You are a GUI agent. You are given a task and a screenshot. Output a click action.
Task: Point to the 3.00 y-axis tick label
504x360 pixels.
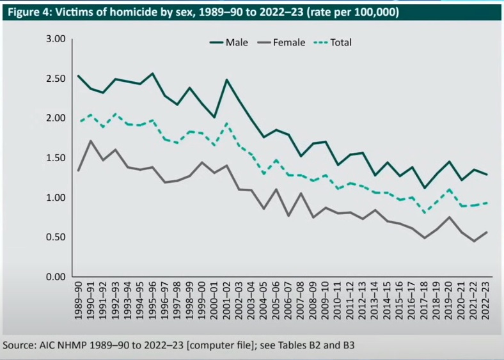click(x=56, y=39)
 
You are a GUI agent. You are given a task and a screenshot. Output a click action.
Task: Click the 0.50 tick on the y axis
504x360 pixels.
click(x=56, y=237)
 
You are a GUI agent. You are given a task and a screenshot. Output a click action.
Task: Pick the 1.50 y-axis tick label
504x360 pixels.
click(x=56, y=158)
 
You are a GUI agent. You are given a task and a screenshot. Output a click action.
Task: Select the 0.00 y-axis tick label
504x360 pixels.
click(x=56, y=277)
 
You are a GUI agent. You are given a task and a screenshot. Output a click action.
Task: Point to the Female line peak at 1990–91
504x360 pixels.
click(x=91, y=141)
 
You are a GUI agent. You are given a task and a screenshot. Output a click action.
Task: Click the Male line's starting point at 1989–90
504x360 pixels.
click(x=78, y=75)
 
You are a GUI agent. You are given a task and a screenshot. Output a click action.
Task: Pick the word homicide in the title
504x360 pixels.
click(x=140, y=13)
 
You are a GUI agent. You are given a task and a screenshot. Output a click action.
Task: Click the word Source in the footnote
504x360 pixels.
click(x=19, y=345)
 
